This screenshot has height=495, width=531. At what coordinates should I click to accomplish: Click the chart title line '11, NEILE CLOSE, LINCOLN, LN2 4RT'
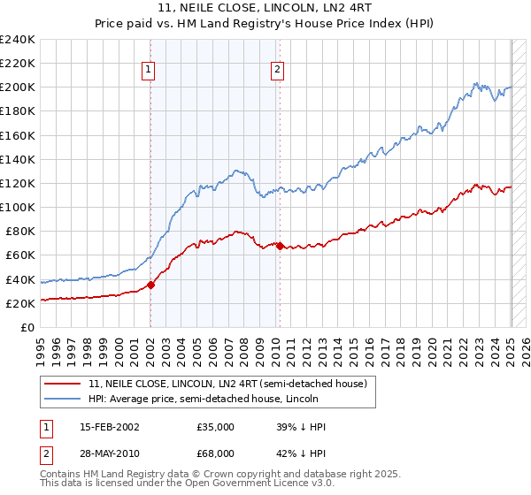[x=265, y=8]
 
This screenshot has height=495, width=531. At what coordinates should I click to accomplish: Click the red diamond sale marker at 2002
[x=150, y=285]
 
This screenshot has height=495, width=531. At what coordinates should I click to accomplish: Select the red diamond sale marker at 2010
[x=280, y=245]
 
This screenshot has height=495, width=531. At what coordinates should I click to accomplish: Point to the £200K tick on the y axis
[x=18, y=88]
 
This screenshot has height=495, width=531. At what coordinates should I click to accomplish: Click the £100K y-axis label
[x=18, y=207]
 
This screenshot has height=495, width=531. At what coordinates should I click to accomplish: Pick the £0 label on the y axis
[x=27, y=327]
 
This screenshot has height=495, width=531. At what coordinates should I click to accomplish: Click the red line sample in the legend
[x=63, y=384]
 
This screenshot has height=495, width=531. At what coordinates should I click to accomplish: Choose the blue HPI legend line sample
[x=63, y=399]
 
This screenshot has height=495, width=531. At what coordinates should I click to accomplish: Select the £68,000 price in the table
[x=215, y=453]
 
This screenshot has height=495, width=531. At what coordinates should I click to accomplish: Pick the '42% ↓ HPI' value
[x=301, y=453]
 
